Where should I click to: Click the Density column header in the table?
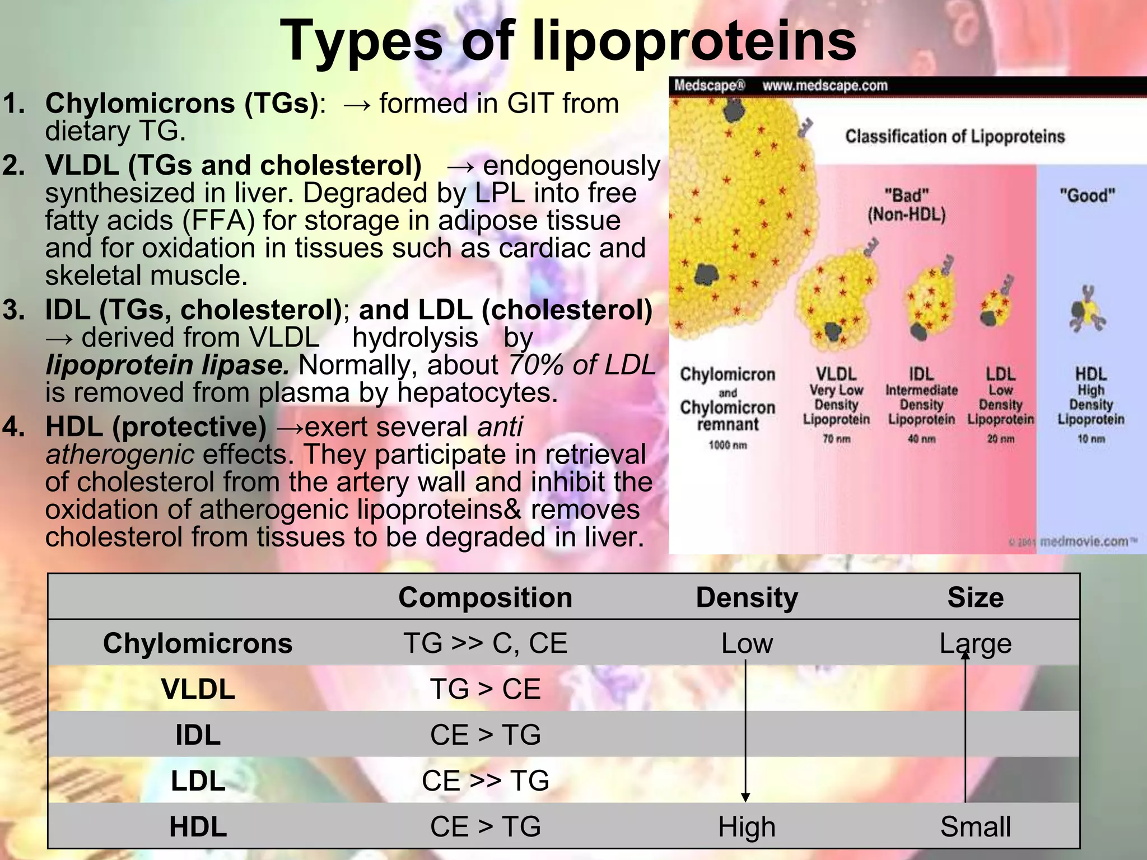point(747,597)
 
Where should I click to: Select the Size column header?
point(975,597)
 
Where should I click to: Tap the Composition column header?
point(485,597)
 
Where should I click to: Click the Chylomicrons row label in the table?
point(198,643)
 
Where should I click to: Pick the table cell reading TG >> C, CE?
point(485,643)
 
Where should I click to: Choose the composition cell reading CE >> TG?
point(485,780)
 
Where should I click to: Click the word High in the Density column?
point(747,827)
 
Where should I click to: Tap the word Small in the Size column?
point(975,827)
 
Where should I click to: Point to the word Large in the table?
point(975,644)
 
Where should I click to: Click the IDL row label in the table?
point(198,735)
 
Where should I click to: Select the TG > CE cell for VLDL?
point(485,689)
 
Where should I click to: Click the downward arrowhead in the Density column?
point(745,797)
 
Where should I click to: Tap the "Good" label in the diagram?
point(1087,195)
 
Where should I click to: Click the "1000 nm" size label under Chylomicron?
point(728,445)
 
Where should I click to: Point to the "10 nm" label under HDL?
point(1091,438)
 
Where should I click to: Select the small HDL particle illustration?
point(1087,310)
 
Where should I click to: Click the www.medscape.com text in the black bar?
point(824,86)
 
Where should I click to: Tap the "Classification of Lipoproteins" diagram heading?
point(954,136)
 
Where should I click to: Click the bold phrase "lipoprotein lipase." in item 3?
point(167,365)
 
